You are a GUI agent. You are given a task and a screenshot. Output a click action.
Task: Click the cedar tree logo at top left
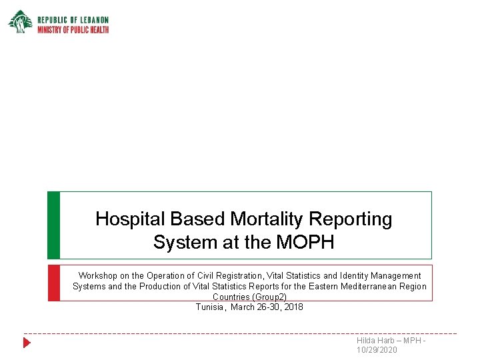point(19,21)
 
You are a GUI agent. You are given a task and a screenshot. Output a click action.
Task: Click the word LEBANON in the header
point(92,20)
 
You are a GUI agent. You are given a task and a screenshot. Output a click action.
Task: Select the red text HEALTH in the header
point(97,29)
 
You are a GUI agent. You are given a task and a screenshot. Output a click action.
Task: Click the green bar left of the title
point(53,225)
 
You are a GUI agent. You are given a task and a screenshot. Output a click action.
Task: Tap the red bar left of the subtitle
point(53,283)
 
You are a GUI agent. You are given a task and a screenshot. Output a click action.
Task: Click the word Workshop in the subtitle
point(99,275)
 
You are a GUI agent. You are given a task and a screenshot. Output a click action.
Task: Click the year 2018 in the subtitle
point(293,307)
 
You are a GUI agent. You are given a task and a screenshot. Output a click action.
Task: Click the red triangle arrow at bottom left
point(27,343)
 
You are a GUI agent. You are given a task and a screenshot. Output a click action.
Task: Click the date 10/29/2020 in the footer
point(377,350)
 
